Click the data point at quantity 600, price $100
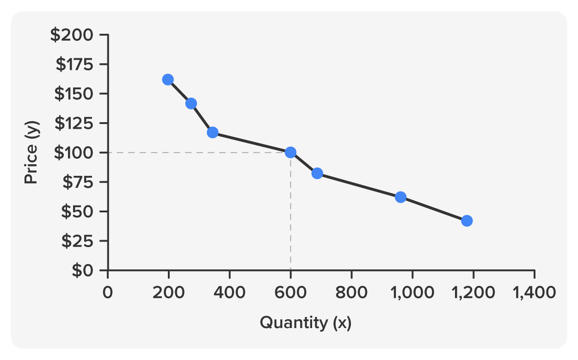(x=290, y=152)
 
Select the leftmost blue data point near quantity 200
(x=168, y=80)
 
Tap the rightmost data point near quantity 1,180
(x=467, y=221)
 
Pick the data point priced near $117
(x=213, y=133)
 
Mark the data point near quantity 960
(x=401, y=197)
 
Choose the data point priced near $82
(x=317, y=174)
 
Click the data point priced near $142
(x=191, y=104)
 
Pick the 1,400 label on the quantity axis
(x=535, y=293)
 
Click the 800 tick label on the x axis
(x=351, y=293)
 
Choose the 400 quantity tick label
(x=229, y=293)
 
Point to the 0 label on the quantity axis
(x=108, y=293)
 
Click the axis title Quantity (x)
(x=306, y=323)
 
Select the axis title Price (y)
(x=31, y=153)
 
